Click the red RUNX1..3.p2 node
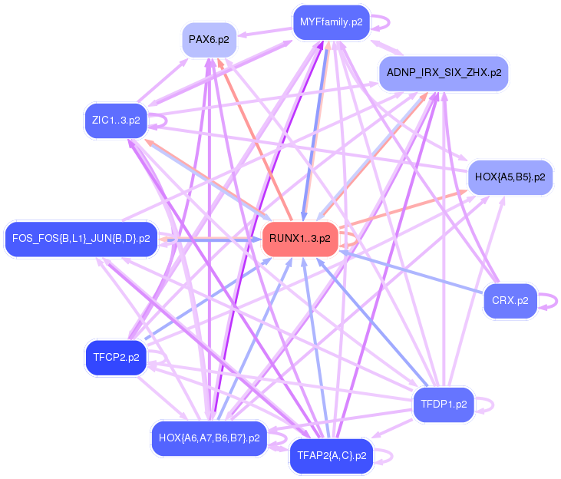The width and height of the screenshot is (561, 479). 300,239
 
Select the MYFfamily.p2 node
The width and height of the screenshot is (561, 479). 332,22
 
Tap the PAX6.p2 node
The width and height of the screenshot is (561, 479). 210,40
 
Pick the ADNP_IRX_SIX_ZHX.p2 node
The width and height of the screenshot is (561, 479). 444,73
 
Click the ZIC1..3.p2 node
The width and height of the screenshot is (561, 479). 116,121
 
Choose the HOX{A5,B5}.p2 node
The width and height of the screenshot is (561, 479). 510,177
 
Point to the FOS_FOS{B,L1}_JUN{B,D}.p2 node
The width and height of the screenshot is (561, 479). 81,239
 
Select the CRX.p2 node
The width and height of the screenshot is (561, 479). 510,301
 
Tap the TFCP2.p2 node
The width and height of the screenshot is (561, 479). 116,358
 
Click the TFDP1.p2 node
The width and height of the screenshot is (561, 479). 444,405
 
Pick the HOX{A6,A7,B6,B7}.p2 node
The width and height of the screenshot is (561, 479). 210,438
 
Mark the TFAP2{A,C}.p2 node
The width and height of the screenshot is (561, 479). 332,456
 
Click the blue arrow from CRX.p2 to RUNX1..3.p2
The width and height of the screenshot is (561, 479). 411,273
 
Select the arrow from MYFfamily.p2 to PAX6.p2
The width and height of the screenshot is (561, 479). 265,31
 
